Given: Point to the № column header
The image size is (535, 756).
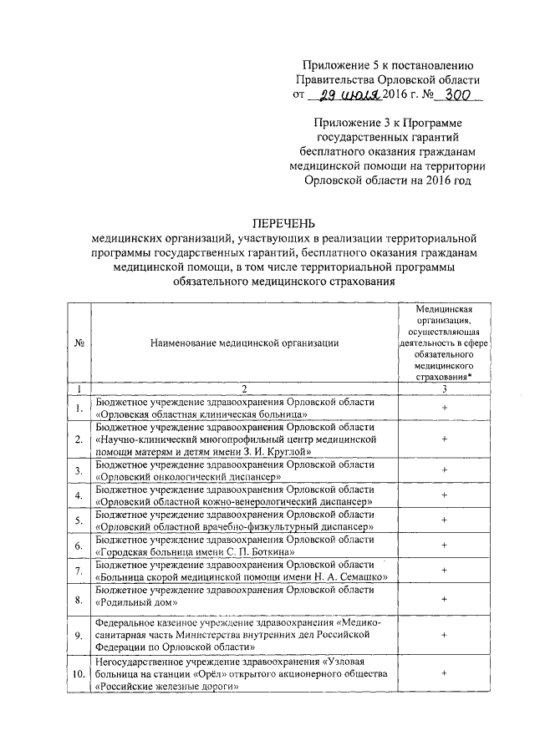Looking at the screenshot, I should point(78,342).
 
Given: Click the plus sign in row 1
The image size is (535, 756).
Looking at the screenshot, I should point(444,407).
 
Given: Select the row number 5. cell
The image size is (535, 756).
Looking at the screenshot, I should point(78,522).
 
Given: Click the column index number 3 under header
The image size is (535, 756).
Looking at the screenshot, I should point(444,388).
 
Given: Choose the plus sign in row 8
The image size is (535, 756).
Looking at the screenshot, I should point(444,599).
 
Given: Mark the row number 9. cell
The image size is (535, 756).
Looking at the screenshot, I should point(78,637).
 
